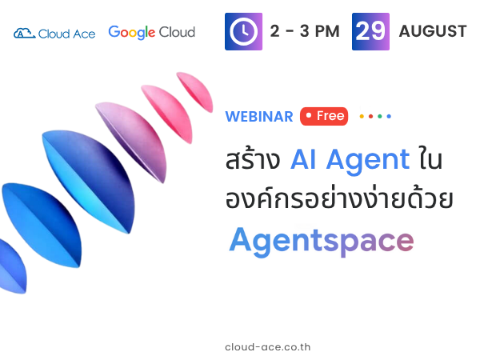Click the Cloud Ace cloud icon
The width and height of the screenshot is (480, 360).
click(x=25, y=33)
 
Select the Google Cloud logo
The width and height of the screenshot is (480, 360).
click(x=151, y=33)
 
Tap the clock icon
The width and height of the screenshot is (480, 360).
click(x=243, y=31)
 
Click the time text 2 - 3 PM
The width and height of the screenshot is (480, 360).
click(x=305, y=31)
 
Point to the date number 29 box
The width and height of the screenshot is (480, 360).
click(x=370, y=31)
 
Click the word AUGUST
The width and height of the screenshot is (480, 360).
click(x=433, y=31)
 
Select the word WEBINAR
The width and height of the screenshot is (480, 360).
click(x=259, y=117)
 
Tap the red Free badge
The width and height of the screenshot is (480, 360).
click(x=324, y=116)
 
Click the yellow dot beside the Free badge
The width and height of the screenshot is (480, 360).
click(x=362, y=116)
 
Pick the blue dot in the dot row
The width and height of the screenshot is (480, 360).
click(x=389, y=116)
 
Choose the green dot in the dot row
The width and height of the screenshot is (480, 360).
click(x=380, y=116)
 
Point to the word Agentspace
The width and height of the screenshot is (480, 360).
click(x=322, y=242)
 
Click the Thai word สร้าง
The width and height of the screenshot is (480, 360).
click(x=253, y=158)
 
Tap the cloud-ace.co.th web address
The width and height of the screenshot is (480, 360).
click(x=268, y=347)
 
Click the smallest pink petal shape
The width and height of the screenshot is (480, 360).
click(x=195, y=91)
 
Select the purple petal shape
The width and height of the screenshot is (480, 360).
click(x=132, y=142)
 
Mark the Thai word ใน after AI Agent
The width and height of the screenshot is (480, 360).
click(x=431, y=158)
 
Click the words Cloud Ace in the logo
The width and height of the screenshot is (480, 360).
click(x=66, y=34)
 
